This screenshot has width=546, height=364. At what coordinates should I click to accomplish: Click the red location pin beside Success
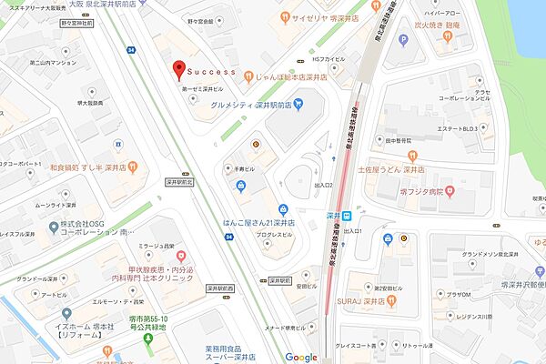(x=178, y=69)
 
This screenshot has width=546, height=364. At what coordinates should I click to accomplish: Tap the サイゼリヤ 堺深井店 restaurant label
(x=322, y=17)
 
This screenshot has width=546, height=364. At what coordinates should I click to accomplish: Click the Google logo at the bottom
(x=301, y=357)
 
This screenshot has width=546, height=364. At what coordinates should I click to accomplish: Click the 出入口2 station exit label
(x=325, y=186)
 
